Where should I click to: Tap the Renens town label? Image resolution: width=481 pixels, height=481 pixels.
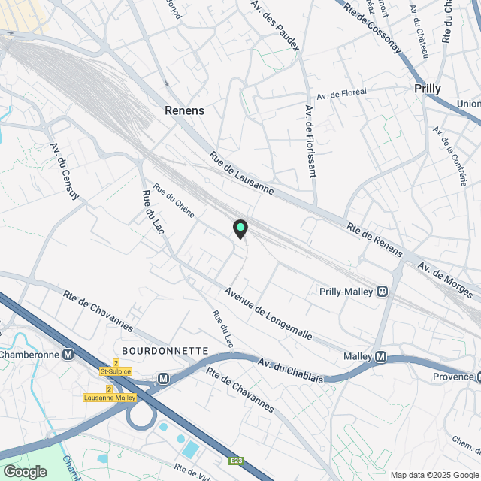tap(185, 110)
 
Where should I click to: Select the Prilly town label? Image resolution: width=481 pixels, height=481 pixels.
tap(428, 88)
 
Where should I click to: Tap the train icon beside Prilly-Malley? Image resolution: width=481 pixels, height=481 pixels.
tap(383, 292)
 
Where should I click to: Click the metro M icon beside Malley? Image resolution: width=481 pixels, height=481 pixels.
tap(380, 356)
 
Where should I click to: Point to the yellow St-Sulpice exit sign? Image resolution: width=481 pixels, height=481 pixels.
tap(115, 371)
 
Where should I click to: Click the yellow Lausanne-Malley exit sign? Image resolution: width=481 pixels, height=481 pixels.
tap(109, 398)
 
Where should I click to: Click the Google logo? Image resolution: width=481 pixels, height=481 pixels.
tap(24, 472)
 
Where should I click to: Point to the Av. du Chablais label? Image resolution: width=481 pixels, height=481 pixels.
tap(291, 369)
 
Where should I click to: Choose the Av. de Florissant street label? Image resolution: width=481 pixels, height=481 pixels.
tap(310, 141)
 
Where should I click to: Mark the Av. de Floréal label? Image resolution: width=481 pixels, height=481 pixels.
tap(341, 94)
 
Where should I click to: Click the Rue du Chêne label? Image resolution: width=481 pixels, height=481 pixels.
tap(174, 201)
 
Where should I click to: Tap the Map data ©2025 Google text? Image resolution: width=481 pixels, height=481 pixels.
tap(434, 474)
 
